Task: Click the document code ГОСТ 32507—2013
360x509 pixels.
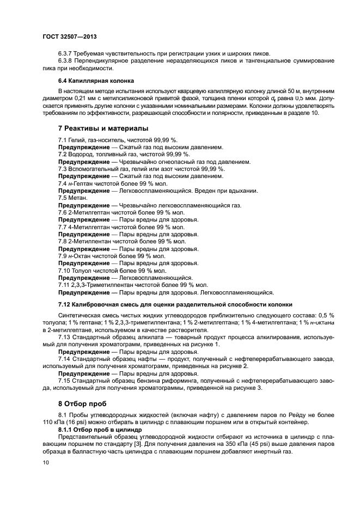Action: [69, 37]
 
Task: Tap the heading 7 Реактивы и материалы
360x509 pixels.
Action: [102, 128]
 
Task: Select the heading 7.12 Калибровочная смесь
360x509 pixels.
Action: [175, 304]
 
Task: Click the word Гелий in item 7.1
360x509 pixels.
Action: [77, 140]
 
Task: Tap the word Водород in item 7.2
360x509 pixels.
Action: [81, 155]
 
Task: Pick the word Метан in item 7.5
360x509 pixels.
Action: [78, 198]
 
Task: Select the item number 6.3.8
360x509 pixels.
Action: [66, 61]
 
